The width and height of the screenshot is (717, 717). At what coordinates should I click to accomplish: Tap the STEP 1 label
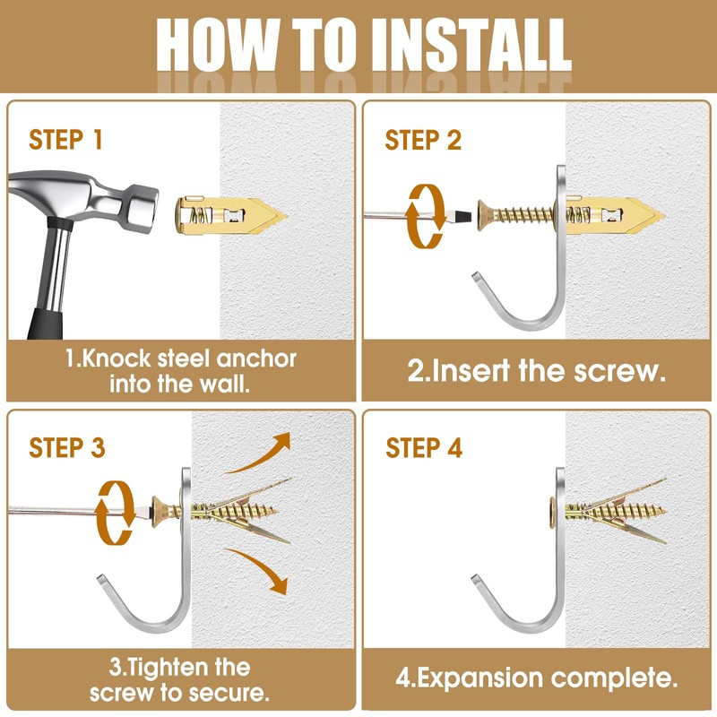[x=65, y=140]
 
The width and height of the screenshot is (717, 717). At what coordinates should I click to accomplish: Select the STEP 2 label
[x=423, y=140]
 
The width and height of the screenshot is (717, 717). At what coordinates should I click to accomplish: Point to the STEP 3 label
[x=66, y=447]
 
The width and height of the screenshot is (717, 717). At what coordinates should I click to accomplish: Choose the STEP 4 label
[x=424, y=447]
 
